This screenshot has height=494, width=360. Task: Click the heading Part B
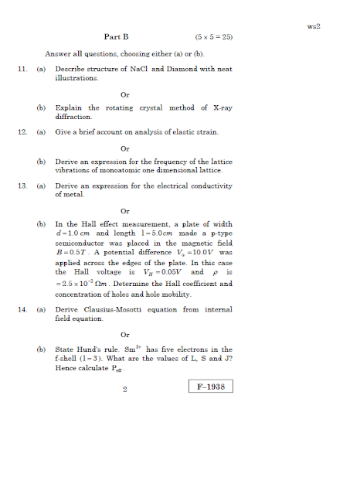[x=117, y=36]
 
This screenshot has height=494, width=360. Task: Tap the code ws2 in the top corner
[x=314, y=26]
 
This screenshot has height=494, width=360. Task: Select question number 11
[x=22, y=70]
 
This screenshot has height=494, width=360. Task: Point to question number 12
[x=22, y=132]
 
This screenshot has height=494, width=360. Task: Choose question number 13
[x=22, y=186]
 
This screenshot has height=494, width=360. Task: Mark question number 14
[x=22, y=310]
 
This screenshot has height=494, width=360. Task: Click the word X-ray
[x=220, y=108]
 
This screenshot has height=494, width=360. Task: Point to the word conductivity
[x=209, y=186]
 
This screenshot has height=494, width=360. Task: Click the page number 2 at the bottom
[x=124, y=389]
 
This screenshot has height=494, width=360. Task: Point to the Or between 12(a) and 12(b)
[x=125, y=148]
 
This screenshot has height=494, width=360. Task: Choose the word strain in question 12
[x=219, y=132]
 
